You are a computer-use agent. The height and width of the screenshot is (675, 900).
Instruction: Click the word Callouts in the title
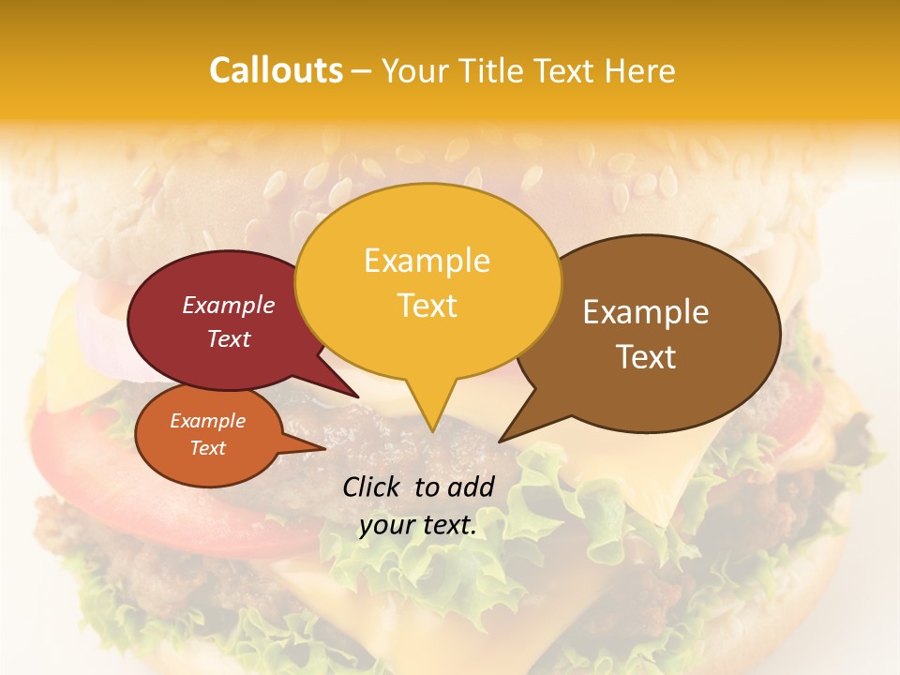[276, 70]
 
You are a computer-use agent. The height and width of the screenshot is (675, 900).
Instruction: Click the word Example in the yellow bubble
[427, 261]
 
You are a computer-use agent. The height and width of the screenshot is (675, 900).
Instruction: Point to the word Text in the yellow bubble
[427, 306]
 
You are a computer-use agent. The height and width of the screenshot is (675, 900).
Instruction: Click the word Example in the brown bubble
[646, 312]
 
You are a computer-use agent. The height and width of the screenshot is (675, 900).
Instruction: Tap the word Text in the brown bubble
[646, 357]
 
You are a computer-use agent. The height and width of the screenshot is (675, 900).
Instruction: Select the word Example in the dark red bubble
[229, 305]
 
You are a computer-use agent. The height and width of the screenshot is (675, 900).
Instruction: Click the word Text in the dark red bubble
[229, 338]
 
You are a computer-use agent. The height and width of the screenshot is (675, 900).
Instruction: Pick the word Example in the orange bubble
[208, 421]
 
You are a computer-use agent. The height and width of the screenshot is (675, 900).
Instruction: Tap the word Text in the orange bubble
[208, 448]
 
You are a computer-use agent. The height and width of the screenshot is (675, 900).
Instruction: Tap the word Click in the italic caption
[374, 487]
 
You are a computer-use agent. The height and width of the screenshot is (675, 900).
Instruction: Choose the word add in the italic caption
[472, 487]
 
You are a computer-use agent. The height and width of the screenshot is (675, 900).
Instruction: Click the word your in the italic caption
[386, 525]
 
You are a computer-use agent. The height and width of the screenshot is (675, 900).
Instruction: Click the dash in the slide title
[362, 71]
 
